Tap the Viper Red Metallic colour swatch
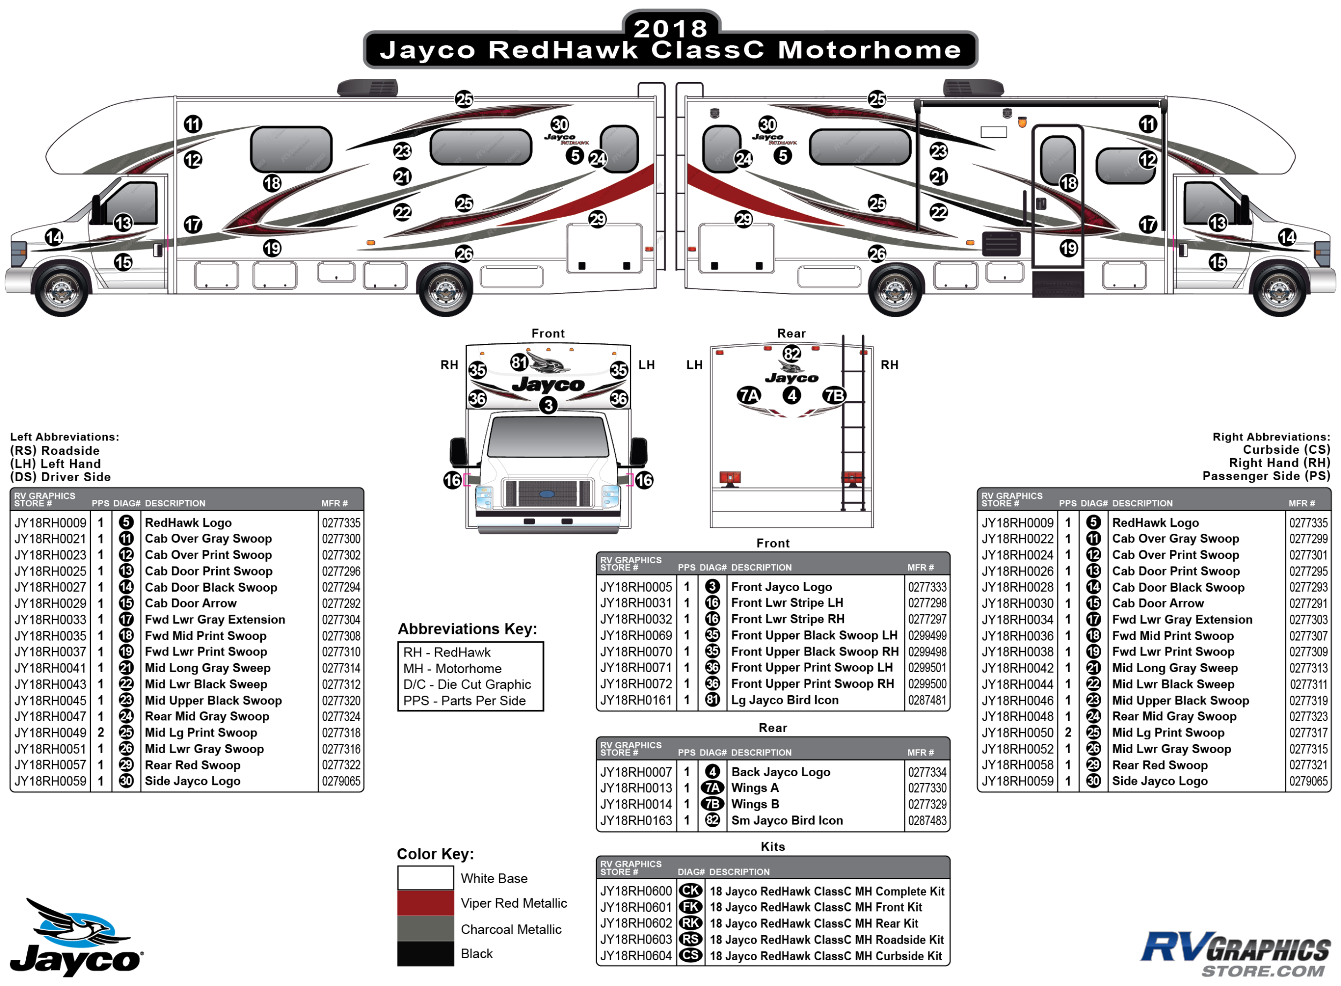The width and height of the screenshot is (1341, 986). (x=425, y=902)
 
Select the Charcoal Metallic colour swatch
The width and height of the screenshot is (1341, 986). (x=425, y=929)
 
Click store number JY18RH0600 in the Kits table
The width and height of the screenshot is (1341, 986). (x=636, y=891)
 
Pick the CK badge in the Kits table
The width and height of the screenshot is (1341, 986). (x=690, y=891)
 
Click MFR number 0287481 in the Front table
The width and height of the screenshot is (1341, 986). (x=927, y=700)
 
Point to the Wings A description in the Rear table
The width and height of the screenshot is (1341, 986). (x=754, y=788)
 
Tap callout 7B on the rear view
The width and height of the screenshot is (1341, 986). (x=834, y=395)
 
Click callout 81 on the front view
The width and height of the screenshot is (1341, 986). (x=519, y=362)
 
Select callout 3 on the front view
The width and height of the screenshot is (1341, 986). (x=548, y=405)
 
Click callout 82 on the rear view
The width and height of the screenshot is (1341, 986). (x=791, y=354)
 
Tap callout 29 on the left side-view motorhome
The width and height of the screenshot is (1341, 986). (x=597, y=219)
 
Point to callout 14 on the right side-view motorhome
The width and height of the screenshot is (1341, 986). (x=1287, y=237)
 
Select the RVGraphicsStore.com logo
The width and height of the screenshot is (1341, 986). (x=1235, y=953)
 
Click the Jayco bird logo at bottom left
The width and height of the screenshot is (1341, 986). (x=76, y=937)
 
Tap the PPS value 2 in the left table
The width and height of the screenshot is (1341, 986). (x=101, y=732)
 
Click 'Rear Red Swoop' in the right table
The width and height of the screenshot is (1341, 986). (x=1159, y=765)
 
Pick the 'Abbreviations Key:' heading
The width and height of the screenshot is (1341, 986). (x=467, y=629)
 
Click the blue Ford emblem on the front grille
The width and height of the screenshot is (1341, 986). (x=547, y=494)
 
